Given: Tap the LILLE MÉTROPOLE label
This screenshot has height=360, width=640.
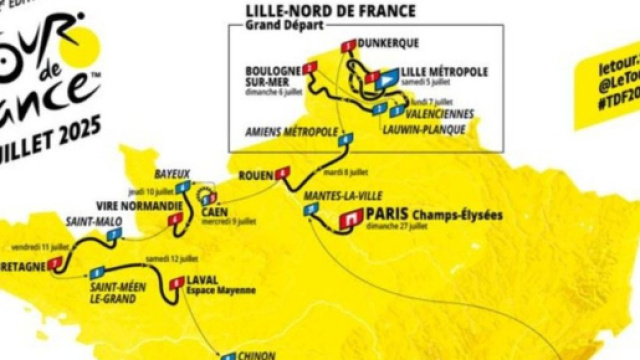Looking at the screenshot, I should [x=444, y=72].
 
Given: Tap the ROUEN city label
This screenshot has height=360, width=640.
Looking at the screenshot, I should [x=256, y=176].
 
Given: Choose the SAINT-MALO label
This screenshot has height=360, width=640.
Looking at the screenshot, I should [x=89, y=220].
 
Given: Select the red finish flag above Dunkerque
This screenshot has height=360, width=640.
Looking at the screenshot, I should [x=349, y=45].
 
